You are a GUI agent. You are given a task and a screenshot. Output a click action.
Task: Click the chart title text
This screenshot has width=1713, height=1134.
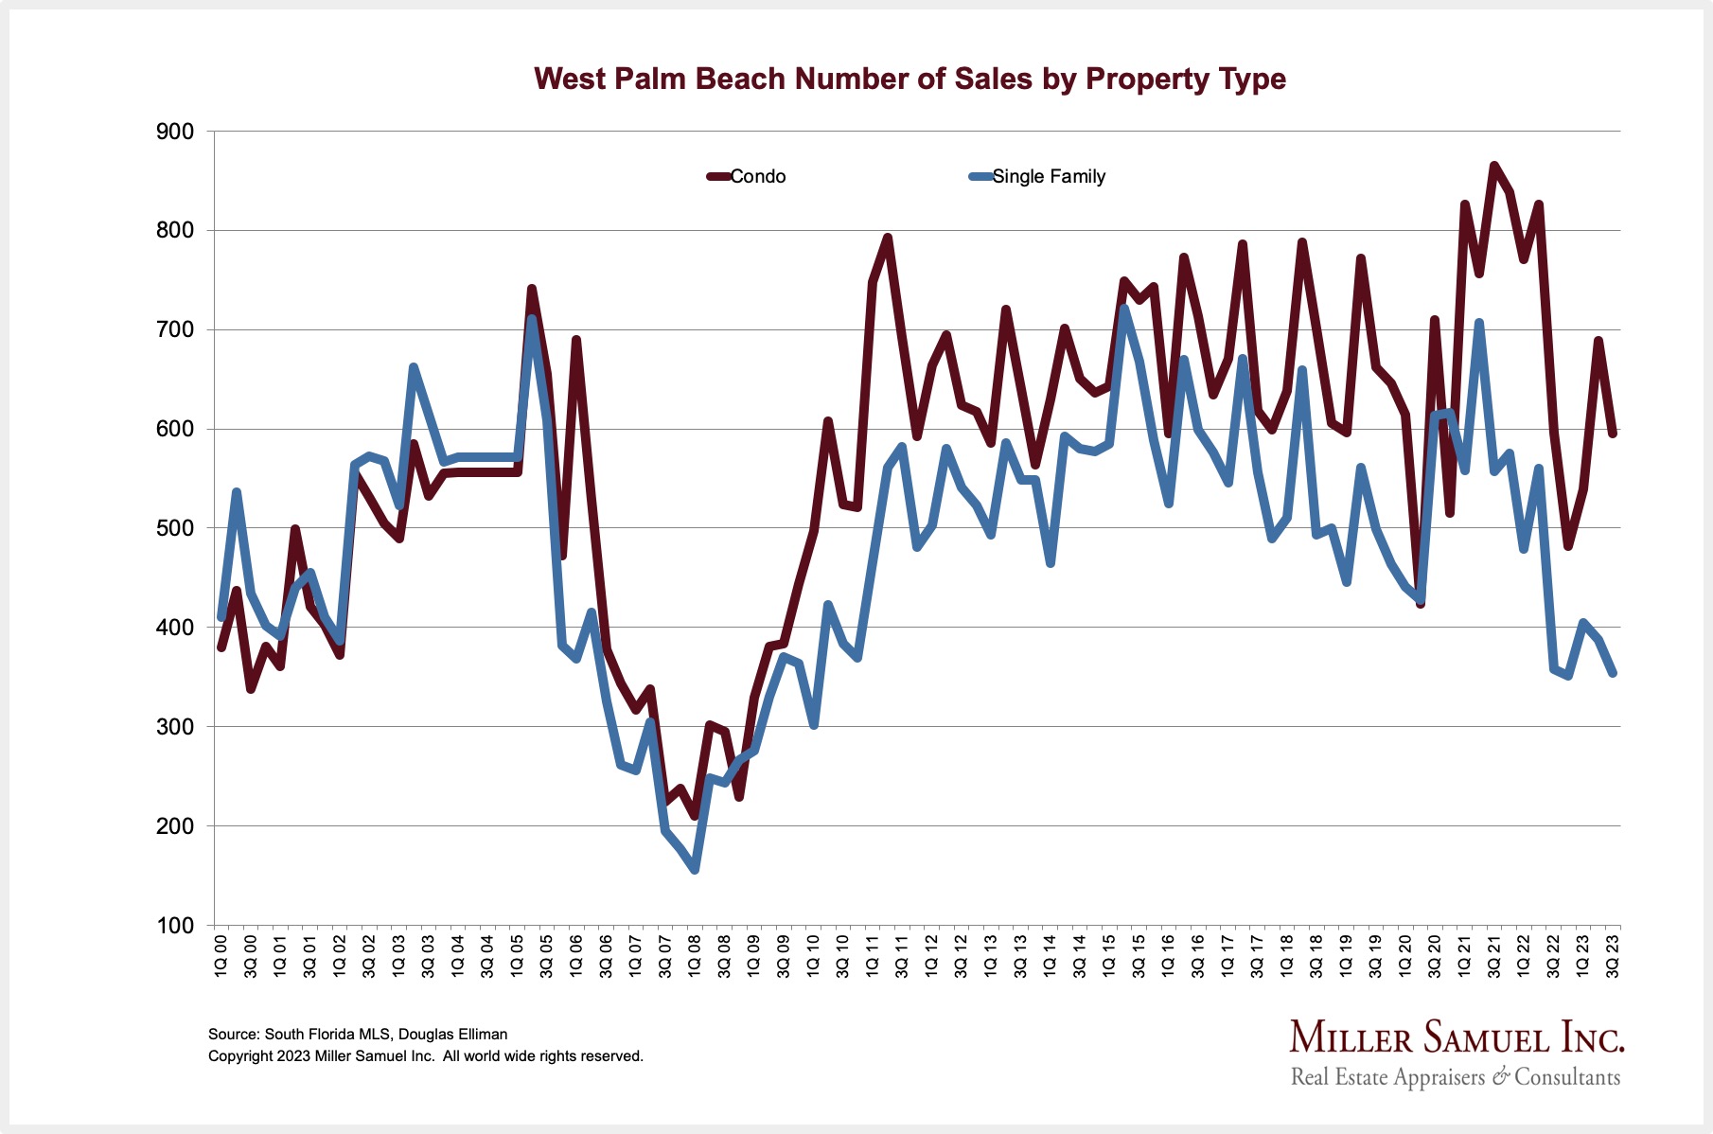(909, 79)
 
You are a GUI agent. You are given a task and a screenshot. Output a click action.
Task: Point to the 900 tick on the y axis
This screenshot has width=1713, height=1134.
(174, 133)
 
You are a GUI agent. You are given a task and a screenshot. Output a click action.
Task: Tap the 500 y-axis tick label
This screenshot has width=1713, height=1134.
(174, 528)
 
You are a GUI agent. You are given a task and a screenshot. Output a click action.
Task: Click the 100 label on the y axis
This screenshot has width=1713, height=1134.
(174, 926)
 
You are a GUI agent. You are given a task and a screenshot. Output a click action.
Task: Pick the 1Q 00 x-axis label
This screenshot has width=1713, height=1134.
(221, 956)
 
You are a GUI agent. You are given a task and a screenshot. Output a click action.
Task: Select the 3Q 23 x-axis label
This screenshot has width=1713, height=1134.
(1614, 956)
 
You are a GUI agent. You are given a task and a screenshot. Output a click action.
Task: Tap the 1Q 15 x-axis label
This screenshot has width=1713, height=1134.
(1110, 956)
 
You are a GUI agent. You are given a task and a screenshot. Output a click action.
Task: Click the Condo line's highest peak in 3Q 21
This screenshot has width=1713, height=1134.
(1494, 166)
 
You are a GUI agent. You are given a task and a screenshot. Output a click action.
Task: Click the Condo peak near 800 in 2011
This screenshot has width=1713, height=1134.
(888, 238)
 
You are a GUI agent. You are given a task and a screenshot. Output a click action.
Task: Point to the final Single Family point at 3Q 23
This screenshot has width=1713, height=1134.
(1613, 673)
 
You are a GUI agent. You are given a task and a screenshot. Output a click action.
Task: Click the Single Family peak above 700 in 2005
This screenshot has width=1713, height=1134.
(532, 318)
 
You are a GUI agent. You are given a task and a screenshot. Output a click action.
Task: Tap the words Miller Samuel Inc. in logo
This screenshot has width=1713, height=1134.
(1456, 1038)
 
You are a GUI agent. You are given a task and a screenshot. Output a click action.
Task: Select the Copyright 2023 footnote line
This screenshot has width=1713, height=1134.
(425, 1056)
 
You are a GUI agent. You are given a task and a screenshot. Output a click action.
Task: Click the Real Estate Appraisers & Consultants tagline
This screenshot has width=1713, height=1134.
(1455, 1077)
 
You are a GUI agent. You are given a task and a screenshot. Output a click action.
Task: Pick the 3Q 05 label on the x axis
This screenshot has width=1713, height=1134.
(547, 956)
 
